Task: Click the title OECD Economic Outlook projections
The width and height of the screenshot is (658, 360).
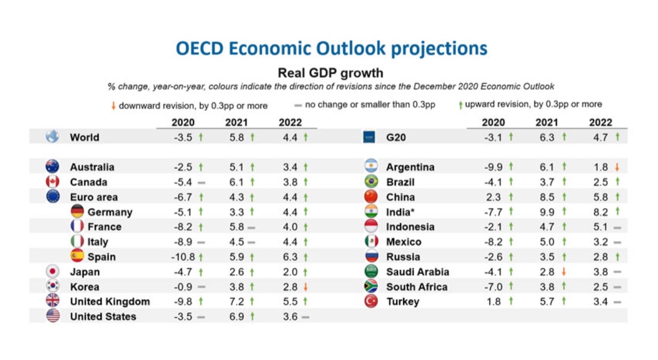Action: point(331,49)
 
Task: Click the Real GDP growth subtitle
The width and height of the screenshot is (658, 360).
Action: point(330,73)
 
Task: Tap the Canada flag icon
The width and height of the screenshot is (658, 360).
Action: point(52,182)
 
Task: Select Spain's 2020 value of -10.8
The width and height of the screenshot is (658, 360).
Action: point(183,257)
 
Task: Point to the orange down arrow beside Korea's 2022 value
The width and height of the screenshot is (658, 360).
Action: point(306,287)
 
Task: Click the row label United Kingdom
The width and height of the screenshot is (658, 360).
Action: point(110,302)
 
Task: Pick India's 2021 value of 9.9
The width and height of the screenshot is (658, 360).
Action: point(547,212)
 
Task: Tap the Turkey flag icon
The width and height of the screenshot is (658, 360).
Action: point(371,302)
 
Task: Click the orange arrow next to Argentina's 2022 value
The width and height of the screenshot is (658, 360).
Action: point(617,167)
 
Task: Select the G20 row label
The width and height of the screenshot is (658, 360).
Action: point(396,137)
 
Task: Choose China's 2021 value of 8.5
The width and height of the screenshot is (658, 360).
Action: point(547,197)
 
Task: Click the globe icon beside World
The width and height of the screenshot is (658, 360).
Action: point(52,137)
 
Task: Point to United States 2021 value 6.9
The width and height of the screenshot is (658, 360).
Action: point(236,317)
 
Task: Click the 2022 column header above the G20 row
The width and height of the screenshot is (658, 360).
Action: point(600,122)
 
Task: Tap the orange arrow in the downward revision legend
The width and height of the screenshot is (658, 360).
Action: point(113,106)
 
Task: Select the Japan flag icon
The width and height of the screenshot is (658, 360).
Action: point(52,271)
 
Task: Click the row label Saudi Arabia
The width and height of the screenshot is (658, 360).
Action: point(417,272)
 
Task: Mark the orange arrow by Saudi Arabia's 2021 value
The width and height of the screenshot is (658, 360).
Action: point(564,272)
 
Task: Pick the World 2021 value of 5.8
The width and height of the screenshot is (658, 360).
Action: point(236,137)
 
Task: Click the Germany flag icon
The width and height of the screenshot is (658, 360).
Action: point(77,212)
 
